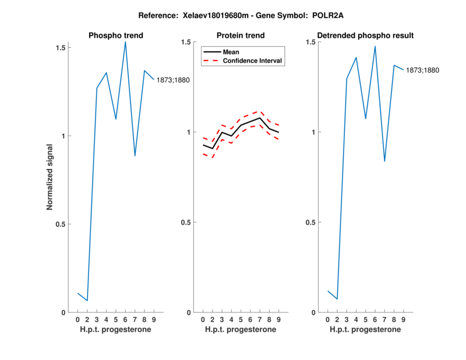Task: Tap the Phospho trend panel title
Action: click(115, 36)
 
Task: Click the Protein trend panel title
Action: click(241, 36)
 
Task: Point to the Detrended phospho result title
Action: click(365, 36)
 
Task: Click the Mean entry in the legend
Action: click(231, 52)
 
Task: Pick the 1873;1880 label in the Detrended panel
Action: click(422, 70)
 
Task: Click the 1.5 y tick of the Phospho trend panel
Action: click(59, 47)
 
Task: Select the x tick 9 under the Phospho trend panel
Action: click(154, 320)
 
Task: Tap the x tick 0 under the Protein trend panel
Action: click(203, 320)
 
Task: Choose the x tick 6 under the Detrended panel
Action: click(375, 320)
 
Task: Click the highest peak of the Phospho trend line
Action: click(125, 41)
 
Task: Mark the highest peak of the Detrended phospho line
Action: click(375, 46)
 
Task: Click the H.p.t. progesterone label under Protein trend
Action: click(241, 330)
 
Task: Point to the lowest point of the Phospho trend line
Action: click(87, 301)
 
